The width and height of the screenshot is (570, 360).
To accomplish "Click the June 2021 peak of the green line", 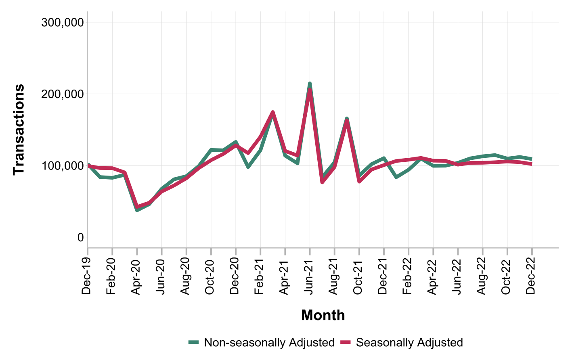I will [x=310, y=84].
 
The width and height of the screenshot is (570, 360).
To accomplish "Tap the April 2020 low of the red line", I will [x=137, y=207].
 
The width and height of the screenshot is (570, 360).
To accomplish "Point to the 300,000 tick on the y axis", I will [x=63, y=22].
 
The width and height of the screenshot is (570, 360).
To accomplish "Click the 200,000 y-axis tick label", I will [x=63, y=94].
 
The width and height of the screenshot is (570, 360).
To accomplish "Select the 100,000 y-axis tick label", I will [x=63, y=166].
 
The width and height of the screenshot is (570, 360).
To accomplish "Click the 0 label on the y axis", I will [x=81, y=238].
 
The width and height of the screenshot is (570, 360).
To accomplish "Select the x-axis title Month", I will [x=323, y=315].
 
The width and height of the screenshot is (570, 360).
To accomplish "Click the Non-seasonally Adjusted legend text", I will [x=269, y=343].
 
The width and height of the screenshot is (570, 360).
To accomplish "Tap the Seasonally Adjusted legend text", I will [x=409, y=343].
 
